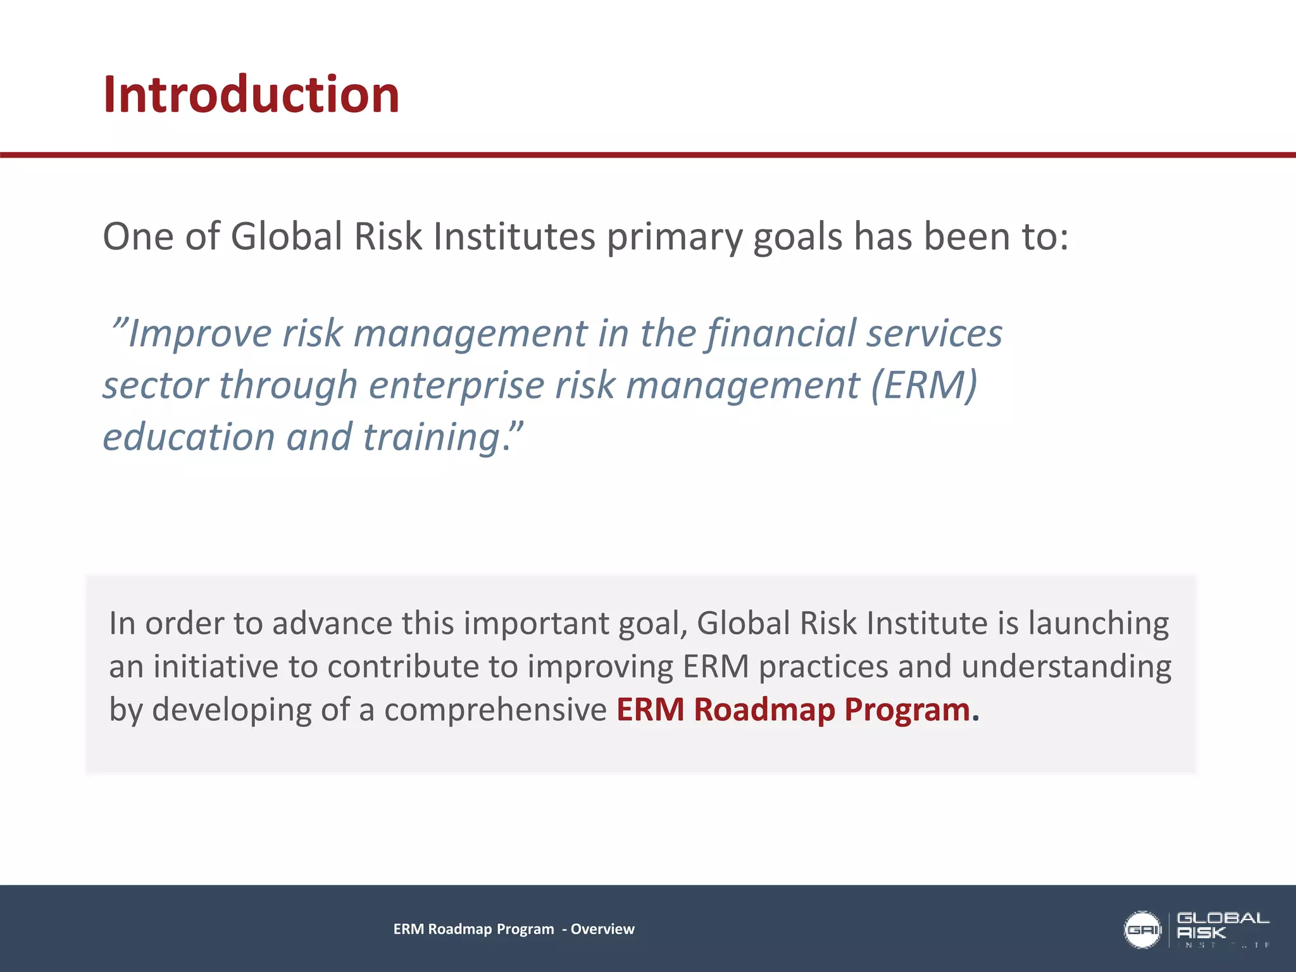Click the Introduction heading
coord(251,95)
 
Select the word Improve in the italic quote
coord(199,333)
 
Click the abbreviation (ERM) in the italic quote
coord(924,385)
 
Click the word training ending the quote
coord(433,438)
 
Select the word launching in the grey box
coord(1098,623)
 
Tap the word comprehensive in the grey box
coord(495,710)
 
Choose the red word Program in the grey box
coord(907,710)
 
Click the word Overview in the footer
coord(602,929)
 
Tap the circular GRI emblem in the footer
coord(1142,930)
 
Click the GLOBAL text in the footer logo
coord(1223,918)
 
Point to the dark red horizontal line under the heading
coord(648,155)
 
